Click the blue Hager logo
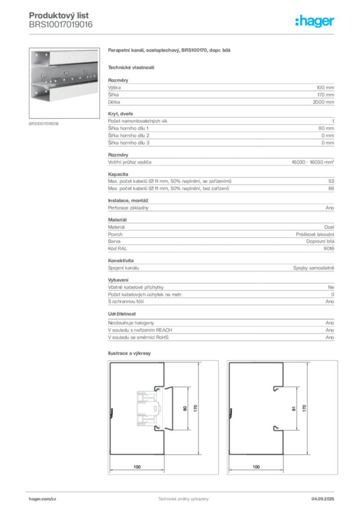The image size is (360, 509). [315, 22]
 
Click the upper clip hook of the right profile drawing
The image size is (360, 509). [275, 386]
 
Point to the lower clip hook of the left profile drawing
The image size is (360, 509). [157, 427]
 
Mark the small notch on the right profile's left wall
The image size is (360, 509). [231, 412]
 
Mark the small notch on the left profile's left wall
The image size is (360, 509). [112, 412]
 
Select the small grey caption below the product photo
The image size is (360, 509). [44, 123]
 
